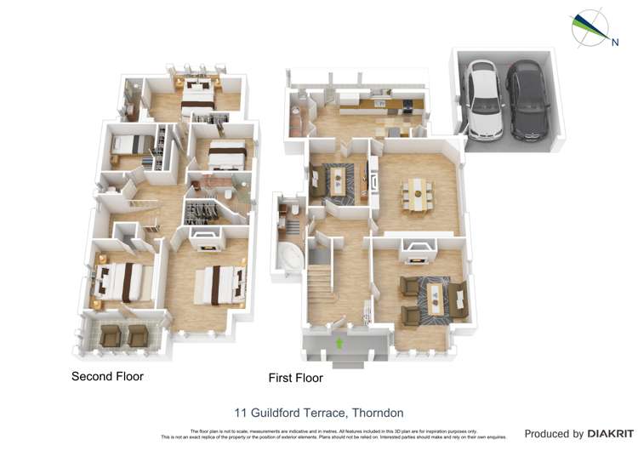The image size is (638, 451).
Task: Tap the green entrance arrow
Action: pyautogui.click(x=340, y=343)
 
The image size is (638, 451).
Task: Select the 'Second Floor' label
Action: pyautogui.click(x=107, y=376)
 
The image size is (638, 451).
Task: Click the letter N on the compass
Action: pyautogui.click(x=614, y=39)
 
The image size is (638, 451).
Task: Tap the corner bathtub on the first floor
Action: pyautogui.click(x=289, y=256)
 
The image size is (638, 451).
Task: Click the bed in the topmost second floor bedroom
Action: pyautogui.click(x=197, y=94)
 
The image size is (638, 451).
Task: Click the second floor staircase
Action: pyautogui.click(x=145, y=208)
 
